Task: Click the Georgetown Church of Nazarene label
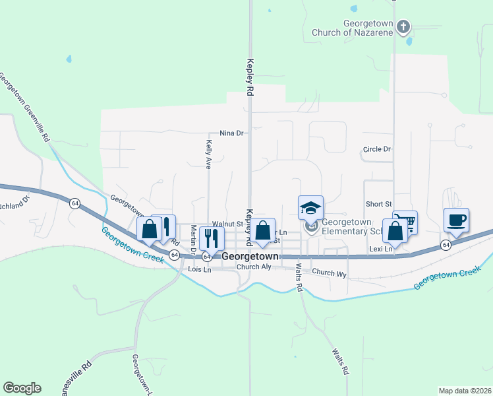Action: coord(368,27)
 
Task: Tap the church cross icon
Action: coord(403,27)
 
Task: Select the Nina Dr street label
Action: coord(231,133)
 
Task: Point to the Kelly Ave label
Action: coord(208,154)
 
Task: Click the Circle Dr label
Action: coord(377,150)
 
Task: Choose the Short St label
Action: coord(379,205)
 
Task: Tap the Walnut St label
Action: coord(227,224)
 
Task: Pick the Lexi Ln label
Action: coord(381,249)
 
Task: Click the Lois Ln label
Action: coord(200,269)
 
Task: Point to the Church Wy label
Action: coord(330,273)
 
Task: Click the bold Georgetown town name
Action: coord(250,256)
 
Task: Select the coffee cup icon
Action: coord(456,220)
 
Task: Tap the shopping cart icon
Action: coord(406,222)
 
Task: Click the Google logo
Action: coord(22,388)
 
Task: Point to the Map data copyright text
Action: coord(465,391)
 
